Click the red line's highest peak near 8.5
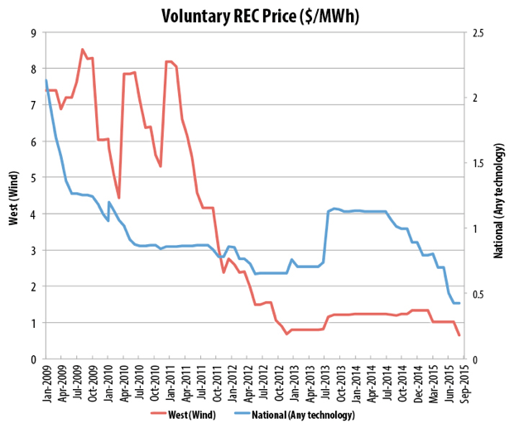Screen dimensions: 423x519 [82, 50]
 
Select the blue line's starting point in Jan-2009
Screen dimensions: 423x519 [46, 80]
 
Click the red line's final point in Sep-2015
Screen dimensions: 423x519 [459, 335]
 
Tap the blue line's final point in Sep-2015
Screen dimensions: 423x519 [459, 303]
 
